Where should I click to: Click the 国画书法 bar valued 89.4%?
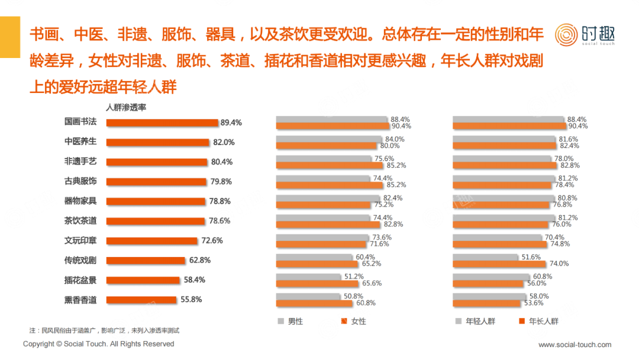pyautogui.click(x=162, y=123)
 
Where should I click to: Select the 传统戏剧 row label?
pyautogui.click(x=80, y=261)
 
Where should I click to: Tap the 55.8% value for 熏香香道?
pyautogui.click(x=191, y=300)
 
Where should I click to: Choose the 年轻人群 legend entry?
pyautogui.click(x=480, y=322)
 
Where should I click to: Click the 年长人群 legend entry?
pyautogui.click(x=543, y=322)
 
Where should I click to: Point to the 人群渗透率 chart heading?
pyautogui.click(x=126, y=108)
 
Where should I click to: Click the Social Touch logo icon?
pyautogui.click(x=566, y=34)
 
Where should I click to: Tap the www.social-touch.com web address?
pyautogui.click(x=575, y=345)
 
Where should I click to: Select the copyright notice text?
pyautogui.click(x=98, y=344)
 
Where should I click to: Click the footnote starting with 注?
pyautogui.click(x=104, y=330)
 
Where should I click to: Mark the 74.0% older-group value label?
pyautogui.click(x=559, y=263)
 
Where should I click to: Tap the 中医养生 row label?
pyautogui.click(x=80, y=142)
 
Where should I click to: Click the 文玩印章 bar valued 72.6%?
pyautogui.click(x=151, y=241)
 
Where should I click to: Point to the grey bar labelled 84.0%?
pyautogui.click(x=329, y=139)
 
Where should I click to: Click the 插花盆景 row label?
pyautogui.click(x=80, y=280)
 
